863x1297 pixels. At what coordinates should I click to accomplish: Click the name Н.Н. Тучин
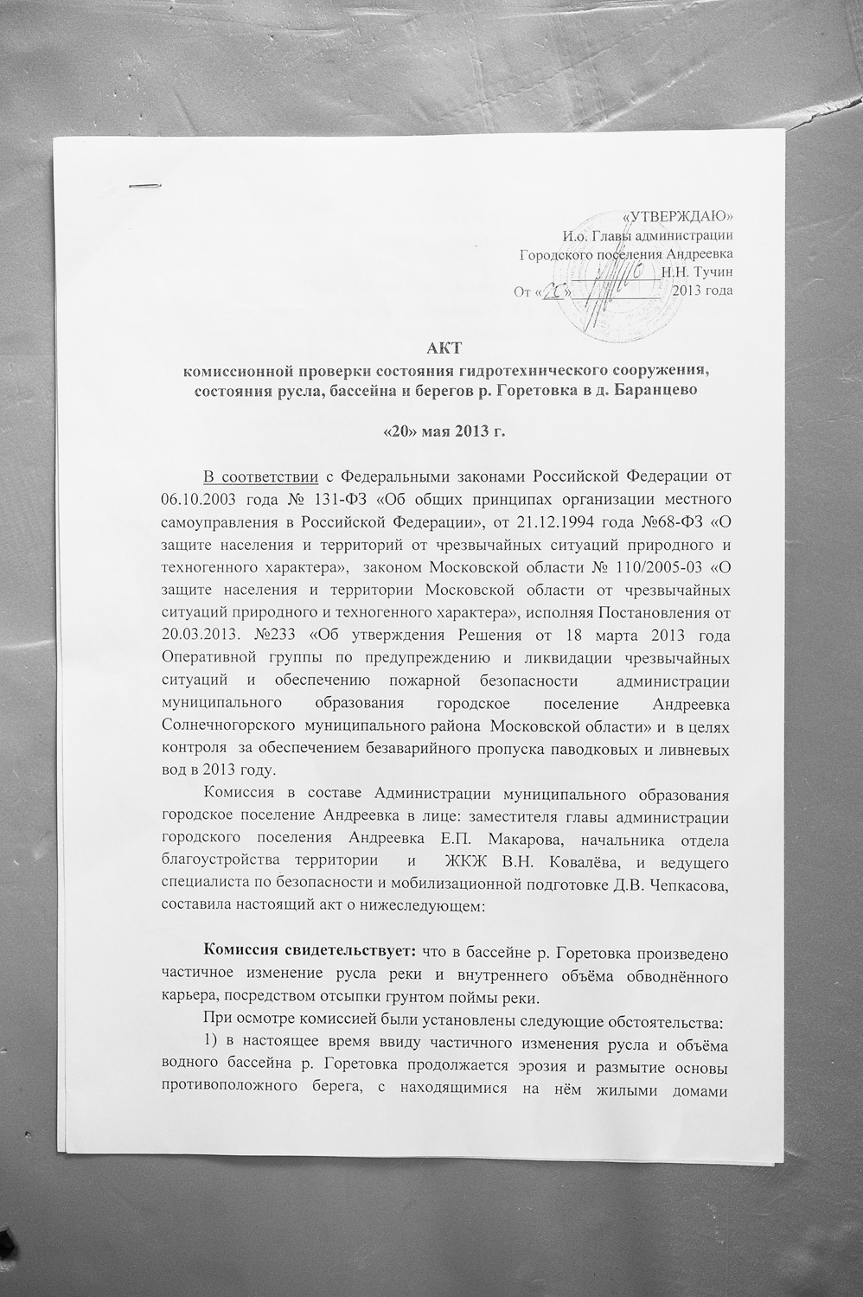[x=697, y=272]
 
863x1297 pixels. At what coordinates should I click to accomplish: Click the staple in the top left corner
[x=144, y=184]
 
